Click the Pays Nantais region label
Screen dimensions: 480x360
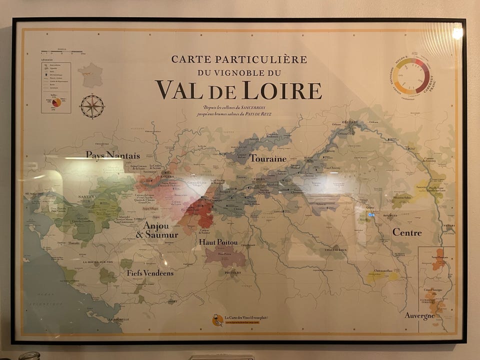point(112,155)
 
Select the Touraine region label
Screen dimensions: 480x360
point(268,158)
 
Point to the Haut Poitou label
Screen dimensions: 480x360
point(218,242)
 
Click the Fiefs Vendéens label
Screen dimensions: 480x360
point(150,273)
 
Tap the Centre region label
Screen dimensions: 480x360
point(407,232)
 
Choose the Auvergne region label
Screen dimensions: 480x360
point(419,316)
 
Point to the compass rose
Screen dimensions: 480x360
point(92,106)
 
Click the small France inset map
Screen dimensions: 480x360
point(90,75)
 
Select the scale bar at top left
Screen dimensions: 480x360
point(55,51)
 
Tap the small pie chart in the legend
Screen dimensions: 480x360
point(56,102)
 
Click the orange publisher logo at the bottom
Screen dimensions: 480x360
point(217,320)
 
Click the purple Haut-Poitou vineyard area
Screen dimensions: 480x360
point(225,256)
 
